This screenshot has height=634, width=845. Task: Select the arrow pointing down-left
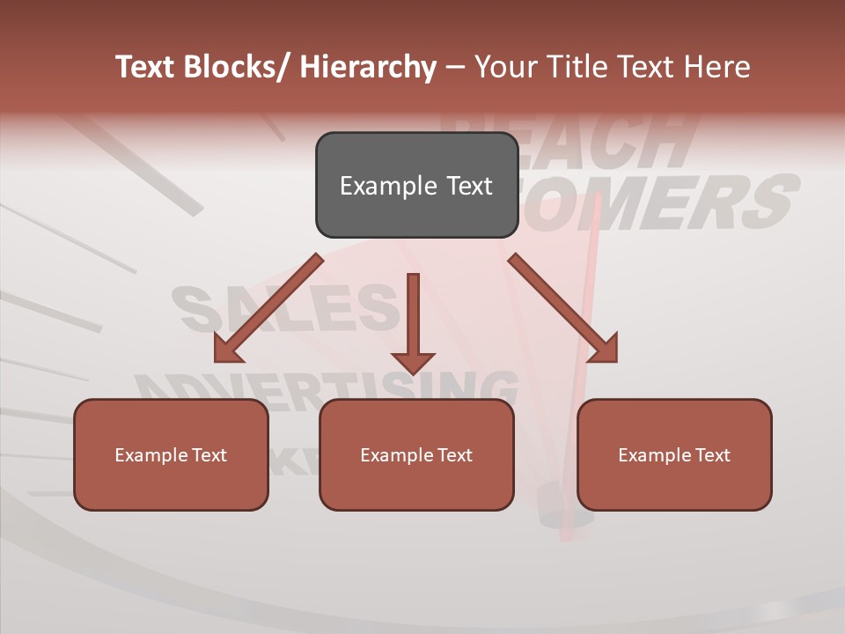click(268, 308)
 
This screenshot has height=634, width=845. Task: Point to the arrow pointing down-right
click(563, 308)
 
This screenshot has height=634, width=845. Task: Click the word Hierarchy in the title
click(367, 67)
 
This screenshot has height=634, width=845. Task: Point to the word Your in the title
click(506, 67)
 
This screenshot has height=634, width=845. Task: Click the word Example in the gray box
click(376, 186)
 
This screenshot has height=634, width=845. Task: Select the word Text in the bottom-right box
click(711, 455)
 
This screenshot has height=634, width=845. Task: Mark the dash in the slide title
click(455, 68)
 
